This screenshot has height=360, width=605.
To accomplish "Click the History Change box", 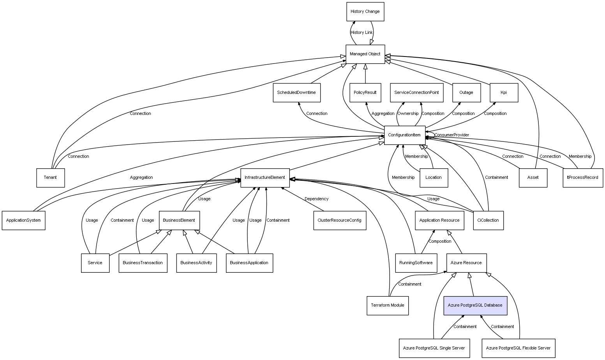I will point(365,12).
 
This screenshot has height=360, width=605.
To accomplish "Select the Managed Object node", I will point(365,54).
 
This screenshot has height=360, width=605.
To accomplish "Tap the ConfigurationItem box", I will point(404,135).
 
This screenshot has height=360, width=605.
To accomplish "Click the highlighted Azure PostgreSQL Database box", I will point(475,305).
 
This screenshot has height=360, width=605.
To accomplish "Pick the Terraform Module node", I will point(387,305).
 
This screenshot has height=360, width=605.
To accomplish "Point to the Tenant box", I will point(50,178).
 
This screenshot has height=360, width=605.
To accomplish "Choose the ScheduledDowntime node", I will point(296,93).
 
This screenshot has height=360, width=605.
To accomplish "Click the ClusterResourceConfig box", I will point(339,221).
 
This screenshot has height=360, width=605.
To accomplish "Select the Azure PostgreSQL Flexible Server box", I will point(518,348).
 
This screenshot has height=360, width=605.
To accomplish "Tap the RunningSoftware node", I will point(416,263).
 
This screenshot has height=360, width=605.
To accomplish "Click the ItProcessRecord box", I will point(583,178).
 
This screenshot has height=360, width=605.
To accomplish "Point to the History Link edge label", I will point(362,33).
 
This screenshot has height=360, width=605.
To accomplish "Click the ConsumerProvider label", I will point(452,135).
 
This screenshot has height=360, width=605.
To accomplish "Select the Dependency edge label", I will point(316,199).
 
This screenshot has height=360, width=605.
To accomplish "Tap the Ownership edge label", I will point(408,114).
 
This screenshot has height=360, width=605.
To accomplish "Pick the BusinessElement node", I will point(179,221).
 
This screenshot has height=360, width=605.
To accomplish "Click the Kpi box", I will point(504,93).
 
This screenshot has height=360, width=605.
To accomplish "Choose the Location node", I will point(434,178).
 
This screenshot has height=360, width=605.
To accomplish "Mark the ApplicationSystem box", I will point(23,221).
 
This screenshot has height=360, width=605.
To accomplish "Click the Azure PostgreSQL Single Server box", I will point(434,348).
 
